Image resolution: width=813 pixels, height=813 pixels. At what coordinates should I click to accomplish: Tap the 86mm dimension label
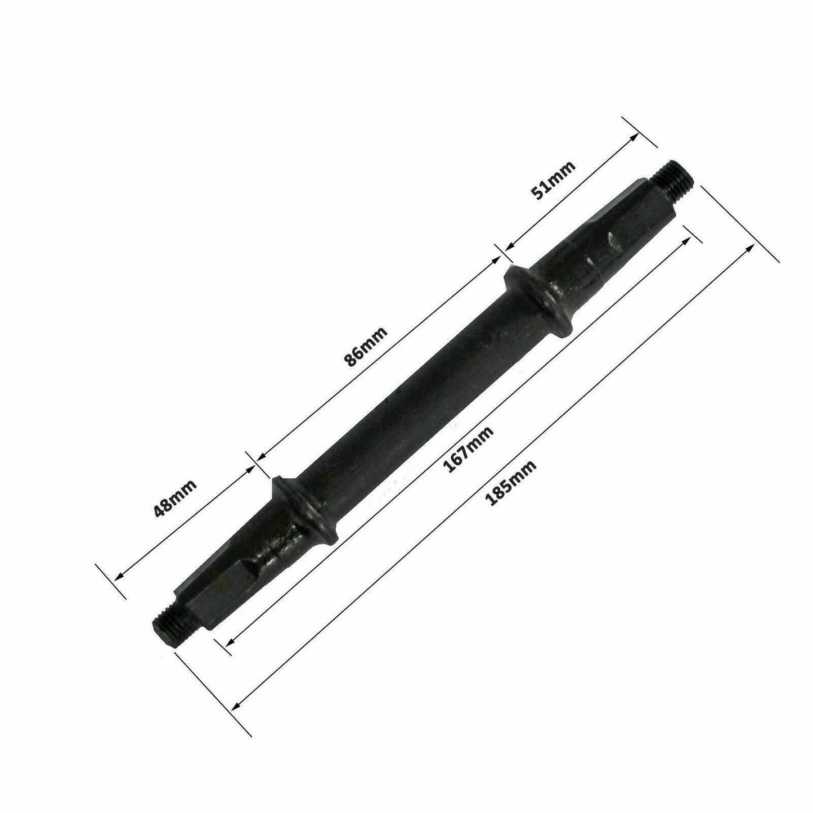coord(366,347)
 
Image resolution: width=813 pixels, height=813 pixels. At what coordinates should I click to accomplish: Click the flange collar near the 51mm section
coord(538,304)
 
